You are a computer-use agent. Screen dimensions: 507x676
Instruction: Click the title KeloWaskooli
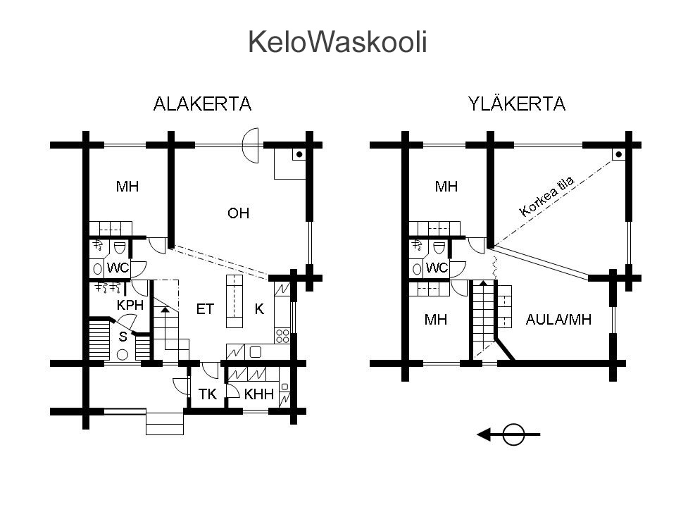coord(337,43)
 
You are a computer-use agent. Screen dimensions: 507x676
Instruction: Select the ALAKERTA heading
coord(202,104)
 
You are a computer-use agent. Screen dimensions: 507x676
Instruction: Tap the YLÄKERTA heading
coord(517,104)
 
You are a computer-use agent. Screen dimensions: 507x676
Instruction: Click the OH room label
coord(238,213)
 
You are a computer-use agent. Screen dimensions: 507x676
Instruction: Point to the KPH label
coord(130,306)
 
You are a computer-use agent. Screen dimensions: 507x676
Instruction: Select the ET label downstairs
coord(205,309)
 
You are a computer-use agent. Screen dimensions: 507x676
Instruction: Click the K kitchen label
coord(259,309)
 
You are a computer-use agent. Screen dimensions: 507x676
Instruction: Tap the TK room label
coord(207,394)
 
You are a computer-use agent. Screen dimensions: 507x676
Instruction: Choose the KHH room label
coord(258,394)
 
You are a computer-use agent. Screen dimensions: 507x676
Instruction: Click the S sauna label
coord(123,337)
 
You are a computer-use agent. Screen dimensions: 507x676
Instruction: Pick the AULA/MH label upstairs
coord(559,320)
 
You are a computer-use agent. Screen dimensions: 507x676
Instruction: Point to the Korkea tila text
coord(547,196)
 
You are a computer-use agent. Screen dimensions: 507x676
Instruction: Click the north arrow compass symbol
coord(513,435)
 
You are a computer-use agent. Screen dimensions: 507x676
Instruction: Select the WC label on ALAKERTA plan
coord(118,268)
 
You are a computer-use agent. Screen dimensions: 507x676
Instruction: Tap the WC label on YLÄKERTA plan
coord(437,268)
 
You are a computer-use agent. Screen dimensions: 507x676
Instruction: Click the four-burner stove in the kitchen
coord(282,335)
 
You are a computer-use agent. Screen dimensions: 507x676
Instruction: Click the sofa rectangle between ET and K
coord(234,301)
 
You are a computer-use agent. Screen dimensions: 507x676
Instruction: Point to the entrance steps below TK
coord(165,423)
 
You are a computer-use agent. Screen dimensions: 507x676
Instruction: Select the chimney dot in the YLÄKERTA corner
coord(618,154)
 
